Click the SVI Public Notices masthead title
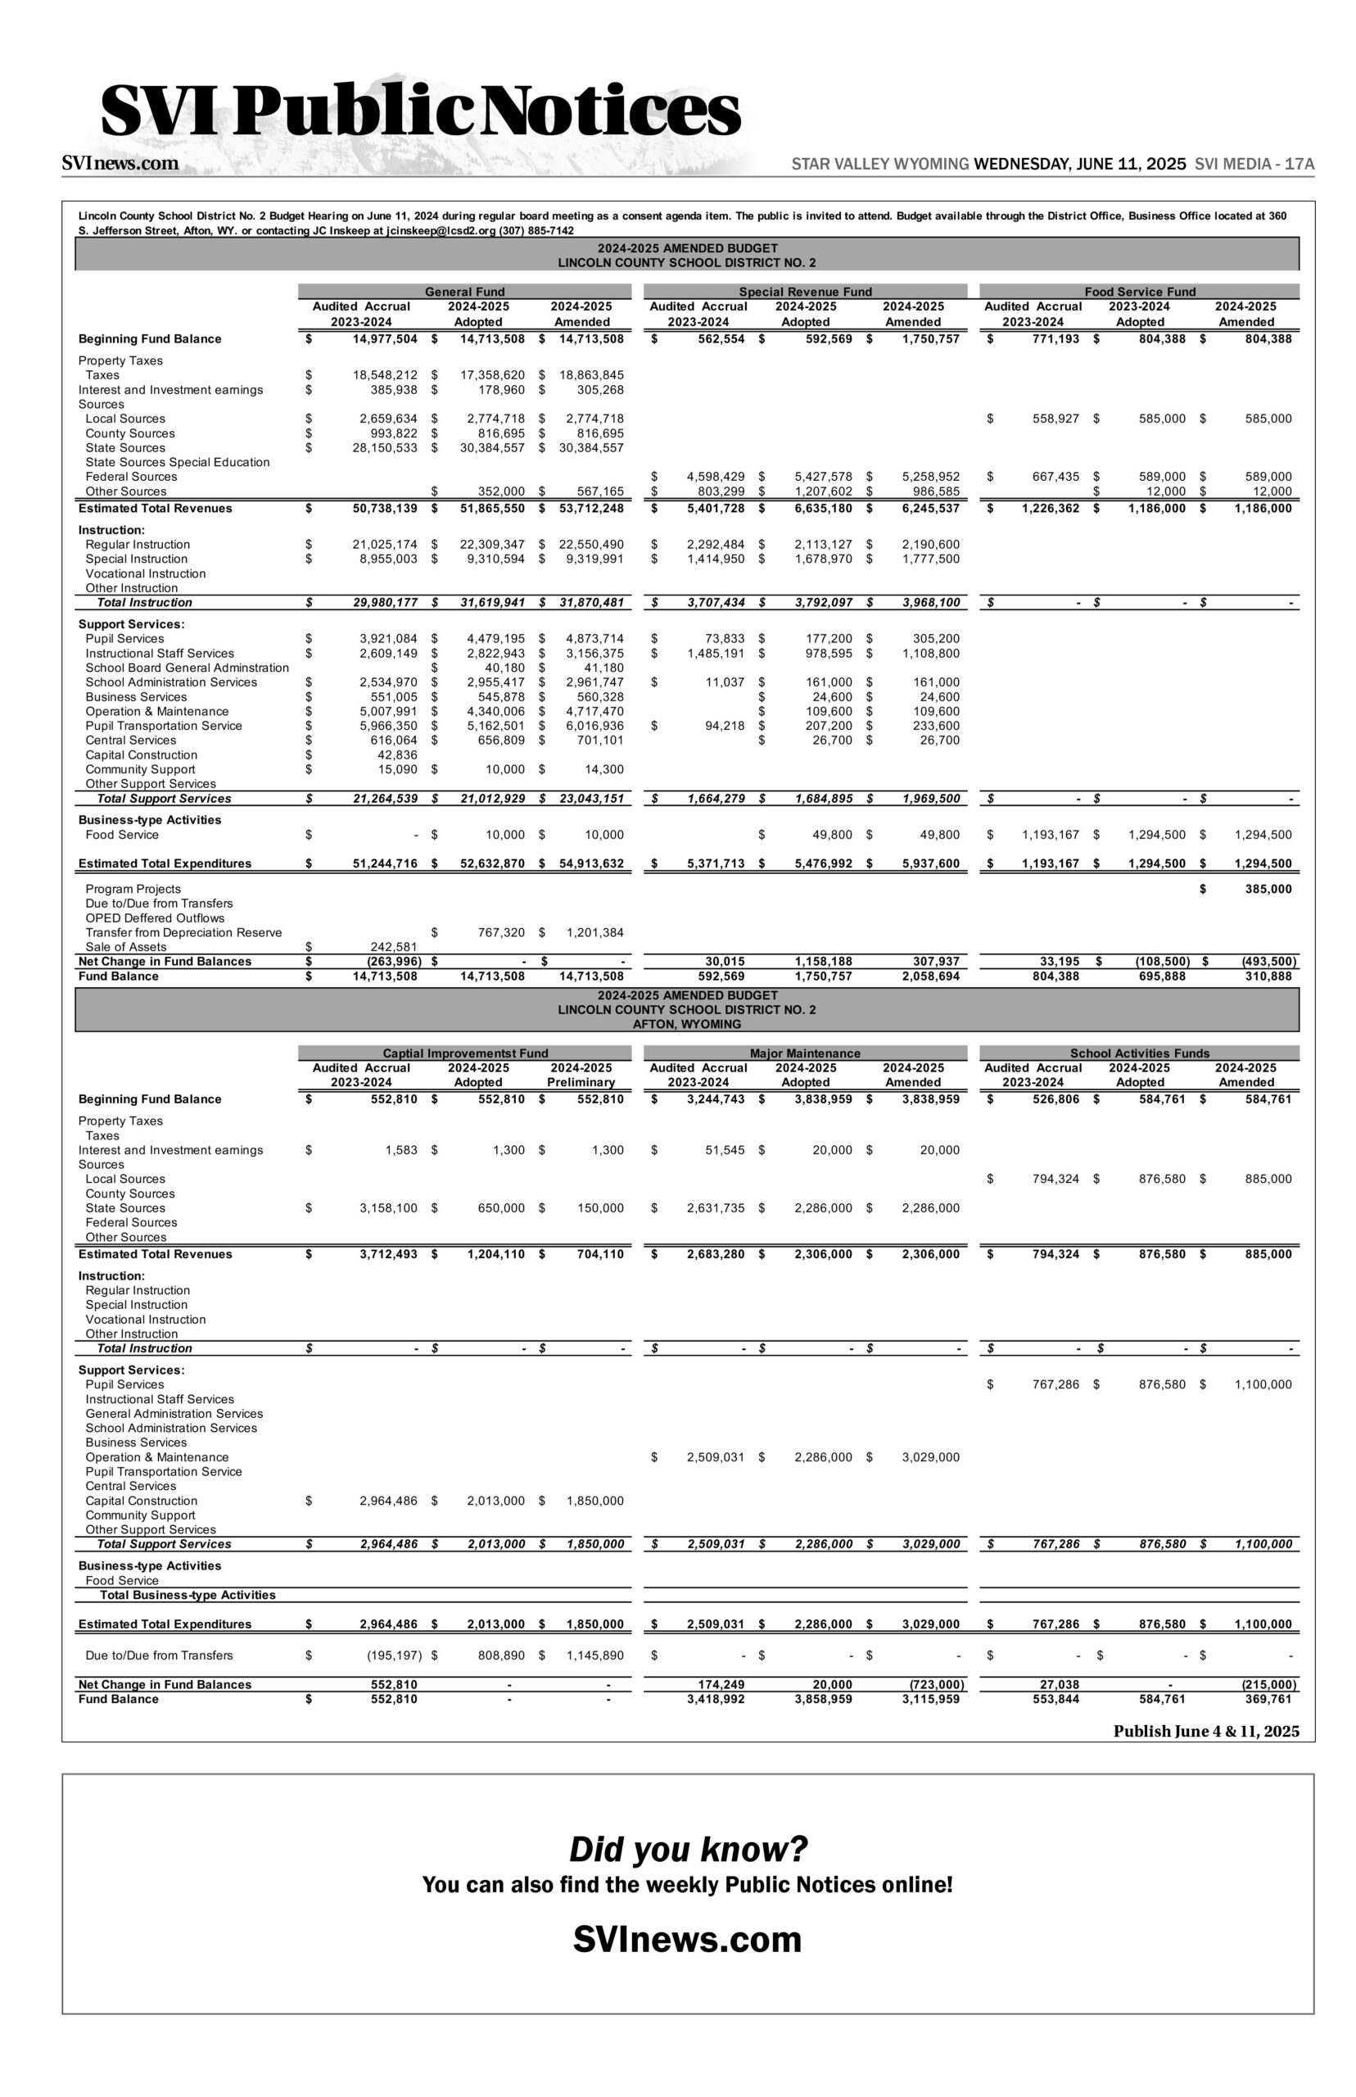click(421, 112)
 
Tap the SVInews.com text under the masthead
click(120, 163)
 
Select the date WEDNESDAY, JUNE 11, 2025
click(1079, 164)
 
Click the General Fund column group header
click(465, 292)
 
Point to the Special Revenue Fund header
click(805, 292)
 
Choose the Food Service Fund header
click(1139, 292)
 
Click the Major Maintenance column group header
click(805, 1053)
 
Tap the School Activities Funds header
click(1139, 1053)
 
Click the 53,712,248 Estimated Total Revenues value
click(592, 508)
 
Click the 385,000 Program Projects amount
click(1263, 889)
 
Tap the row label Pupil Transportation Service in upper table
click(164, 726)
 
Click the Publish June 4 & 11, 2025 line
click(1205, 1731)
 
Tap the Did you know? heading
click(688, 1849)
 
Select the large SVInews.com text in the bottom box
click(688, 1941)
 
